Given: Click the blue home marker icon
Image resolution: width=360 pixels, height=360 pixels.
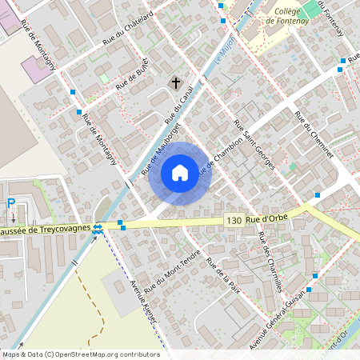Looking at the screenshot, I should click(180, 173).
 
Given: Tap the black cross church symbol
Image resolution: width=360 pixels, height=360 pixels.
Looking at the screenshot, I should click(175, 83).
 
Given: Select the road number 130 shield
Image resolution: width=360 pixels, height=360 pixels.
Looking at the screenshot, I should click(234, 220).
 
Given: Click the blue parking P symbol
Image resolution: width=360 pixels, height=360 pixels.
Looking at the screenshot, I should click(11, 203).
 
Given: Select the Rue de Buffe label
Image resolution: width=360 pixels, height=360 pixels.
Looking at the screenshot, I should click(133, 78).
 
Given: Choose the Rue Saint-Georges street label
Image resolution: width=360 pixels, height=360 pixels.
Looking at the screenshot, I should click(254, 145).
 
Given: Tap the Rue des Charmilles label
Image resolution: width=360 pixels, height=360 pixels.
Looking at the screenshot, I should click(271, 260).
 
